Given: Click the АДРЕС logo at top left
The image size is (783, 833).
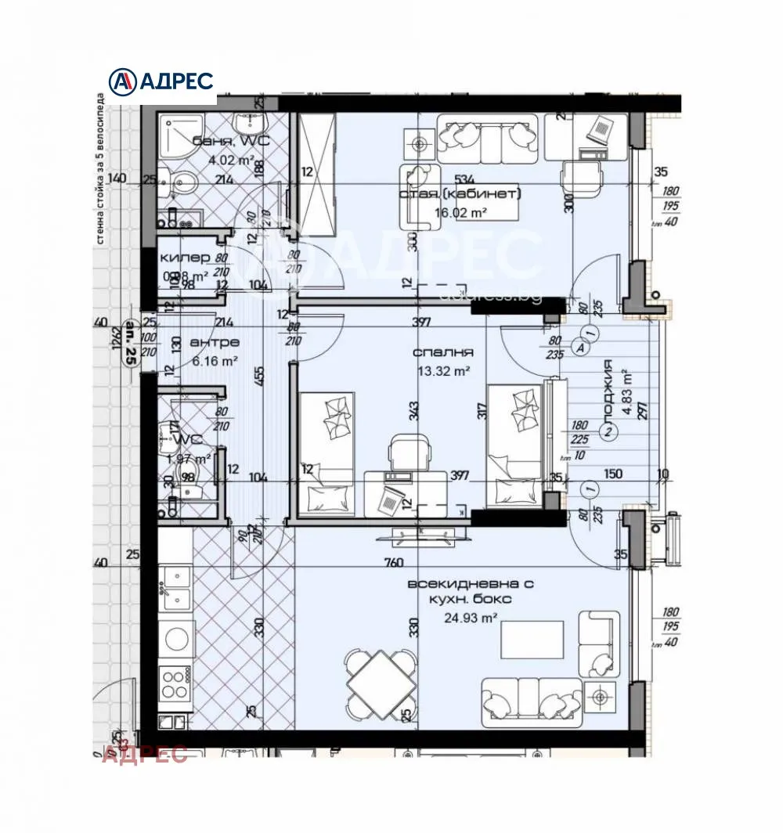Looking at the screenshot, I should click(161, 81).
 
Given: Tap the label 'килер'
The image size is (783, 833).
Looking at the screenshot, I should click(185, 258).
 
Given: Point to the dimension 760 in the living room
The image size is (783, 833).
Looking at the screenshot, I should click(393, 562).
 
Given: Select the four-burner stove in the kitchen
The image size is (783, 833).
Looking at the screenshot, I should click(175, 683).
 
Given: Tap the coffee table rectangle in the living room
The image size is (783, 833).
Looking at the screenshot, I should click(532, 640).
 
